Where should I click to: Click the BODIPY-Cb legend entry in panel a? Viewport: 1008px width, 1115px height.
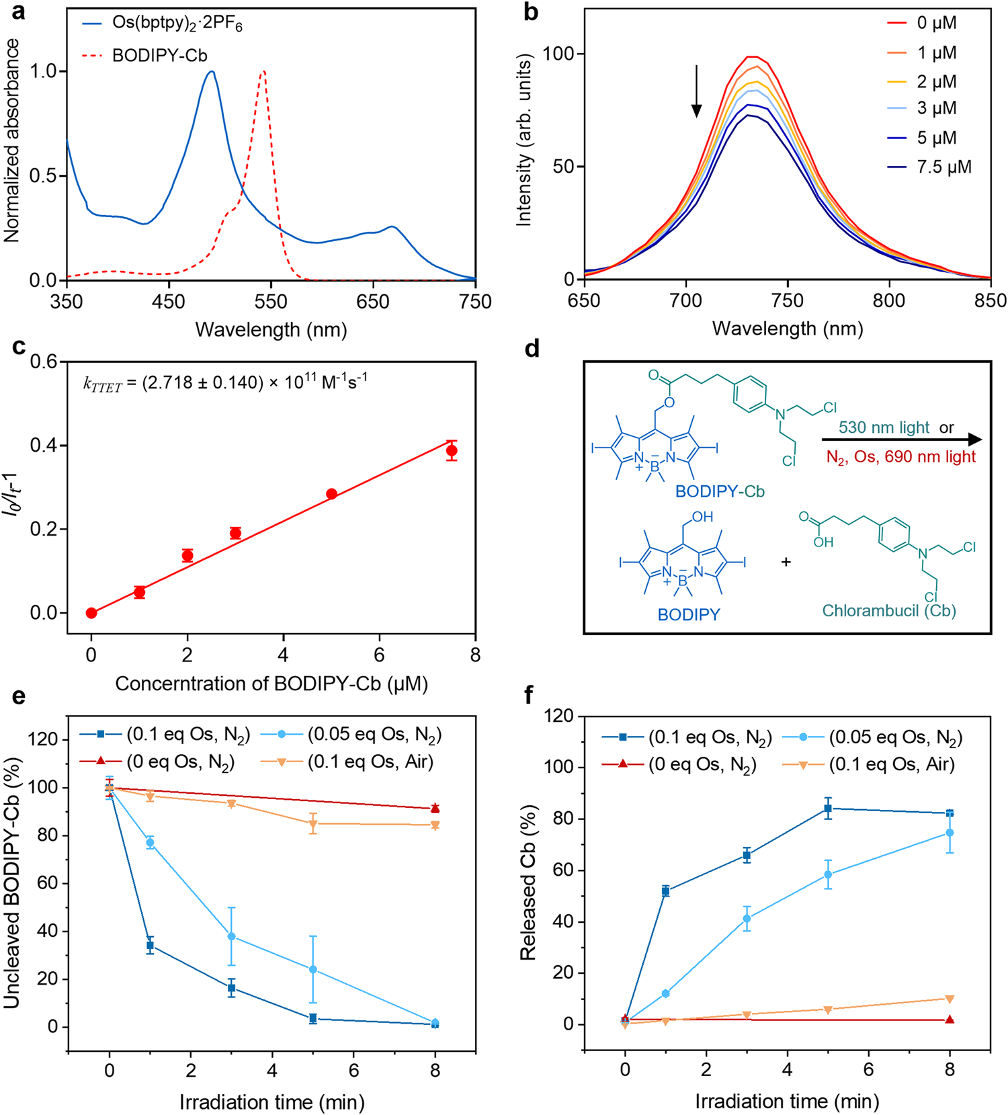coord(159,55)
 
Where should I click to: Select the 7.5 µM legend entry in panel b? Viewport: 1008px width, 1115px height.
coord(943,167)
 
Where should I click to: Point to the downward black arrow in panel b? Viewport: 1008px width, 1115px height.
coord(697,91)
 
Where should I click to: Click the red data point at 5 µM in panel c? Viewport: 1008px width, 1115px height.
coord(331,494)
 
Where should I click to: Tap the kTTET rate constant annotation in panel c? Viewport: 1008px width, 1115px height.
coord(224,383)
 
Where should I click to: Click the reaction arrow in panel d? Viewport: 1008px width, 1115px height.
coord(900,440)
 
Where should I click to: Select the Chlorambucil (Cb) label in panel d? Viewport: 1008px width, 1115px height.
coord(889,610)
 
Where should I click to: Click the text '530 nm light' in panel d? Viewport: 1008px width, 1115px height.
coord(883,427)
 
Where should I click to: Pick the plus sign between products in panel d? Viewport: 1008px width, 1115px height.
coord(786,562)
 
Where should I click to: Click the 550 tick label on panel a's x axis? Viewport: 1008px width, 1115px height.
coord(271,302)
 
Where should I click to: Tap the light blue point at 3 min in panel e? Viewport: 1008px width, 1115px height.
coord(231,936)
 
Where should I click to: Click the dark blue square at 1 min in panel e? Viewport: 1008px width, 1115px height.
coord(151,946)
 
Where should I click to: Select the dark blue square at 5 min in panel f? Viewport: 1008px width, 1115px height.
coord(828,809)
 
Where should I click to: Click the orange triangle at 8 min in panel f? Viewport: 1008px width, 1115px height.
coord(950,999)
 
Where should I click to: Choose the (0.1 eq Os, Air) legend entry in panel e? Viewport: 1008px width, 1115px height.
coord(370,761)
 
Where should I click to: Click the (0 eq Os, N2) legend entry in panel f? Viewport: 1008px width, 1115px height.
coord(702,765)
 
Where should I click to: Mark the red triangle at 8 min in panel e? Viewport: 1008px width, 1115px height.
coord(435,809)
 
